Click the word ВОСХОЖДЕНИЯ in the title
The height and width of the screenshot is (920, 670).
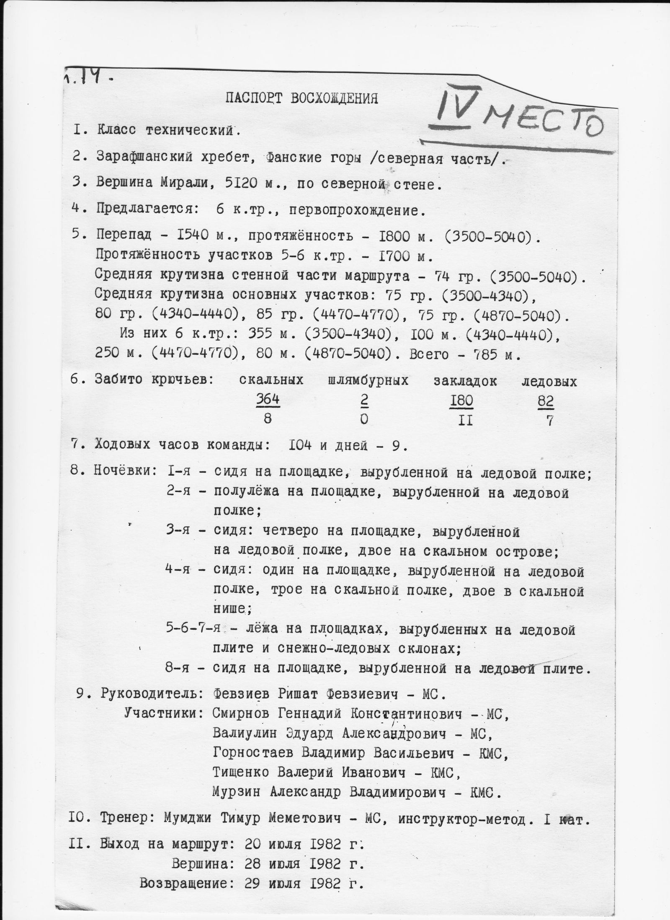334,98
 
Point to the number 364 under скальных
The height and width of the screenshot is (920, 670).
268,400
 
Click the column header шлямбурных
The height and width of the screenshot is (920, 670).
368,381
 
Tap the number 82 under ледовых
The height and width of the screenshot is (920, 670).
546,402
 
